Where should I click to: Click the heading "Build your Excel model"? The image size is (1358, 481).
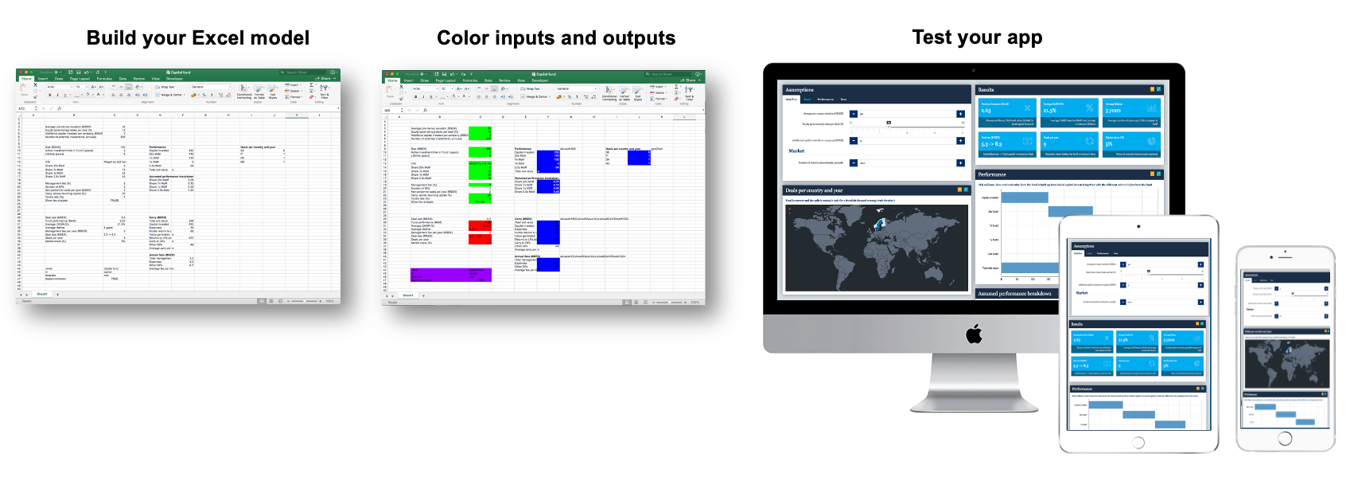coord(197,38)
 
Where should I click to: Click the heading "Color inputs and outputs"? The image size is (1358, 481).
coord(556,38)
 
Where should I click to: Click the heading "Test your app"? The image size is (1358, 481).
coord(977,37)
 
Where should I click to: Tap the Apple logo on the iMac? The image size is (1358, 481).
coord(974,334)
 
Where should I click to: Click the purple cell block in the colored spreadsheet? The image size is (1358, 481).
coord(450,275)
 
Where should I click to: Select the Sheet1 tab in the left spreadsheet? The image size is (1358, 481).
coord(41,294)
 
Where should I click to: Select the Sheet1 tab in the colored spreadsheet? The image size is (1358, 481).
coord(407,295)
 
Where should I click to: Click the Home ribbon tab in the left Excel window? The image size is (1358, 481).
coord(27,79)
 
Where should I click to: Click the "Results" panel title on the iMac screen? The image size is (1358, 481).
coord(986,90)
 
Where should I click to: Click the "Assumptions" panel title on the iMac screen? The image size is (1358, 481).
coord(800,90)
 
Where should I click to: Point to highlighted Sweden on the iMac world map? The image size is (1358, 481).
coord(879,225)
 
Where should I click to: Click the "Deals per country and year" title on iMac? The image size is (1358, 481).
coord(814,190)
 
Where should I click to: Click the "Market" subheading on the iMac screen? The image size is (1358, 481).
coord(796,151)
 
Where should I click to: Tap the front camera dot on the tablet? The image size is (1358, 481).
coord(1138,226)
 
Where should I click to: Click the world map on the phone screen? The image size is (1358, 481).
coord(1286,362)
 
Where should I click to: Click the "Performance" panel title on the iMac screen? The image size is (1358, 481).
coord(992,174)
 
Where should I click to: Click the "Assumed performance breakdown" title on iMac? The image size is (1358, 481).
coord(1014,294)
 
